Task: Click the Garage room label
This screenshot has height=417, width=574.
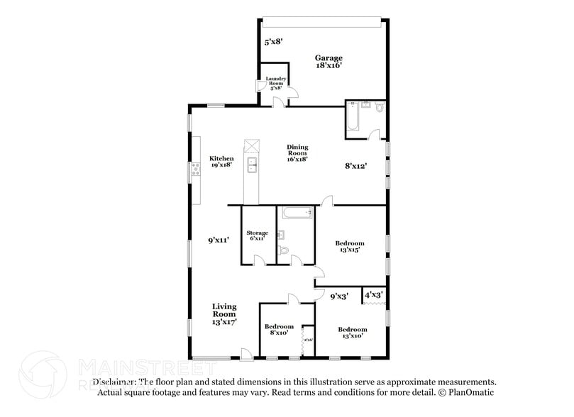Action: click(329, 61)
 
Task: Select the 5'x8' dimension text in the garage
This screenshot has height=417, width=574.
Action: click(273, 42)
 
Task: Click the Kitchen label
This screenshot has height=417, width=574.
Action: click(221, 161)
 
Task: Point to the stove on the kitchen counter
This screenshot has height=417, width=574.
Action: click(194, 169)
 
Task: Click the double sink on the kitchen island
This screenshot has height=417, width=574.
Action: click(252, 166)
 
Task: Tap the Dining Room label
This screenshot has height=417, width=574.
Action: click(297, 152)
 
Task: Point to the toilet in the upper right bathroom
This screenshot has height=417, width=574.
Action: click(379, 109)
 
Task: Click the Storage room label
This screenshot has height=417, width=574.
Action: click(257, 235)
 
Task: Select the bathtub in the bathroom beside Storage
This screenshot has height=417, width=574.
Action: click(294, 212)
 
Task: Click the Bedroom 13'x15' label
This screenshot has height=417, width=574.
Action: click(350, 246)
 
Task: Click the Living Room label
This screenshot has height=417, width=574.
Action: click(224, 313)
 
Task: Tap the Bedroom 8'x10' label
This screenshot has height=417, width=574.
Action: click(278, 330)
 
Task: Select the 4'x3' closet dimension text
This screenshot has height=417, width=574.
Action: click(374, 294)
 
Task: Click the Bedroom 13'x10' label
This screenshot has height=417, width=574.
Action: click(353, 333)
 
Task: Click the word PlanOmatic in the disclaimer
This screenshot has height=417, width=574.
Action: click(470, 392)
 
